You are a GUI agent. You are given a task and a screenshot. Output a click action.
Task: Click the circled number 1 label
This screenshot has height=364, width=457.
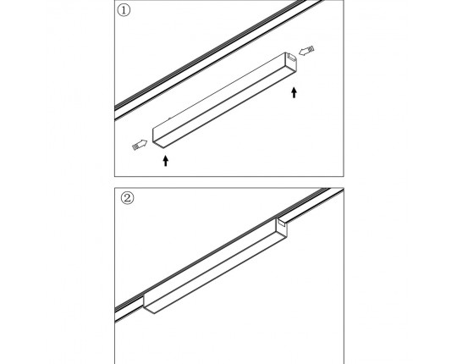[124, 10]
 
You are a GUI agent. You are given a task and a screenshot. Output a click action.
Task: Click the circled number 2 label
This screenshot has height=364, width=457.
[127, 198]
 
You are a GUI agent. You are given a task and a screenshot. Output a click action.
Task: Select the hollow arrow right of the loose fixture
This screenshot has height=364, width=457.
[306, 51]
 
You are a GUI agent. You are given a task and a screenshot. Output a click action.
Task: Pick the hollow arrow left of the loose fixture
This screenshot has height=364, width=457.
[140, 144]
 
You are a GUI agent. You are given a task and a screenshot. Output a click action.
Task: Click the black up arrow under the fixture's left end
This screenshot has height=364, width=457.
[166, 161]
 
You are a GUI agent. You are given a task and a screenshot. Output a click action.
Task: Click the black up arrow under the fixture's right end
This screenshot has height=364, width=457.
[294, 92]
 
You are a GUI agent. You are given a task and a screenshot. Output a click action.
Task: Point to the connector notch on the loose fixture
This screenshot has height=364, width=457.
[291, 57]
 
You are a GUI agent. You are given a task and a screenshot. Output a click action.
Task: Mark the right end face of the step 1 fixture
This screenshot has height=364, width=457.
[291, 63]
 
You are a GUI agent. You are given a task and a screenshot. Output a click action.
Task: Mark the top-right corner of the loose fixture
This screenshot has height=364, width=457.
[285, 52]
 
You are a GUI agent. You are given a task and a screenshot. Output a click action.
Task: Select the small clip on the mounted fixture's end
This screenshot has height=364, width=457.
[282, 223]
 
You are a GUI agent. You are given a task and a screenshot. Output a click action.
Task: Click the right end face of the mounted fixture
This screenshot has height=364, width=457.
[282, 228]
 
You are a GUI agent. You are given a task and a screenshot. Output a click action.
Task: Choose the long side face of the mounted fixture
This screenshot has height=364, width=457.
[210, 262]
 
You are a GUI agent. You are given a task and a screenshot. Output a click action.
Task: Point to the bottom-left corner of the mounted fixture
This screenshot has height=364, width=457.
[154, 313]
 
